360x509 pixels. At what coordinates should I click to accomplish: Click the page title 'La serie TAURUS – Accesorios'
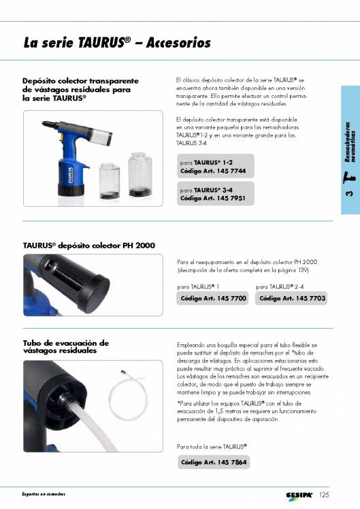pyautogui.click(x=116, y=43)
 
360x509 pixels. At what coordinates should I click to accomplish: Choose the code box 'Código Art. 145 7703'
pyautogui.click(x=292, y=299)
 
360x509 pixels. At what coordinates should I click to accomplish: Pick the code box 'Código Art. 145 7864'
pyautogui.click(x=214, y=462)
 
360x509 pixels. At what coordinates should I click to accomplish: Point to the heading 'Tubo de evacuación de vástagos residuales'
pyautogui.click(x=66, y=347)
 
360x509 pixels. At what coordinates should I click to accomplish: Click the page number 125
pyautogui.click(x=323, y=495)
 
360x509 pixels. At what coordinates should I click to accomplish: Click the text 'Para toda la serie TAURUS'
pyautogui.click(x=211, y=446)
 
